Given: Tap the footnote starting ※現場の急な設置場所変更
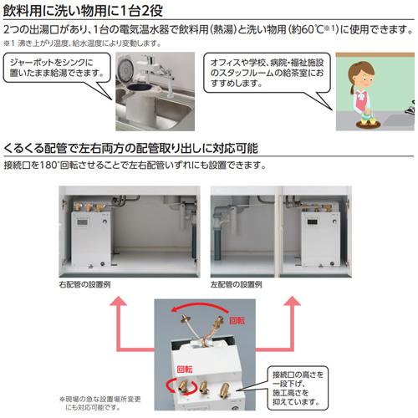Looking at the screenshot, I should pos(101,403).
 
